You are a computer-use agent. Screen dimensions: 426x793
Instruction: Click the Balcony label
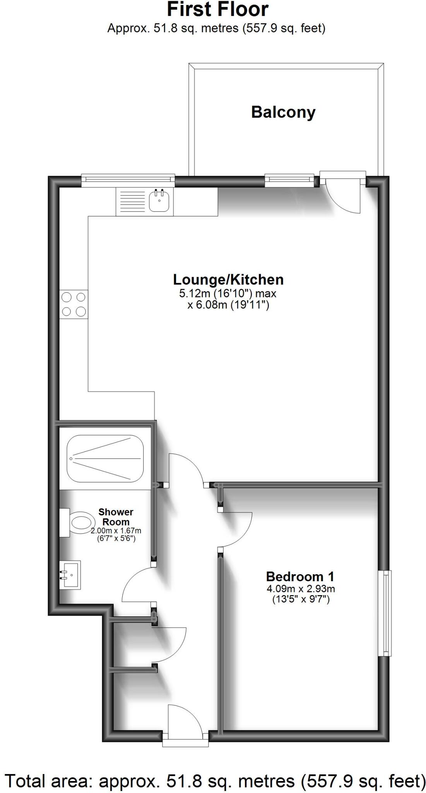[283, 113]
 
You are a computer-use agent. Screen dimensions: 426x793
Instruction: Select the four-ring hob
[74, 304]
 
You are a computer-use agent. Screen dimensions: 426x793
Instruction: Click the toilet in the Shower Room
[77, 523]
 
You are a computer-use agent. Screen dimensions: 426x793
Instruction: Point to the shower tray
[105, 458]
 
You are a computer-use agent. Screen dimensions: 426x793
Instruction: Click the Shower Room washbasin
[70, 575]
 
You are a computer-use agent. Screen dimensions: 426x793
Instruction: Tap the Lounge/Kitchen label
[228, 279]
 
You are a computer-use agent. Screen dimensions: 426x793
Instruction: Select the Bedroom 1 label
[300, 577]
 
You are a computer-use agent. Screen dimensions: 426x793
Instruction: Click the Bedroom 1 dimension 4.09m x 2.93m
[301, 589]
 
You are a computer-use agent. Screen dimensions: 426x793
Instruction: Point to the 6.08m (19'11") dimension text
[228, 305]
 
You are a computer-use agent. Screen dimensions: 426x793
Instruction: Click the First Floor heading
[218, 10]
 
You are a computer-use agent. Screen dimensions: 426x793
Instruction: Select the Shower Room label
[116, 517]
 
